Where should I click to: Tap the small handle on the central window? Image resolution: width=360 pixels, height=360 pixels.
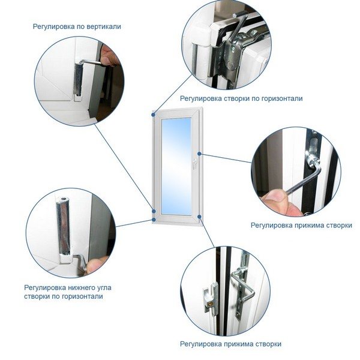tap(196, 161)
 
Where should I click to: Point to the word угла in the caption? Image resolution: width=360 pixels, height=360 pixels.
tap(112, 287)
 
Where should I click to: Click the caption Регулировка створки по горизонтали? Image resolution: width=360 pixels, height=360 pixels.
tap(241, 98)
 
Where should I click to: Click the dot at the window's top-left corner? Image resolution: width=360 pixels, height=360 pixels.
tap(154, 112)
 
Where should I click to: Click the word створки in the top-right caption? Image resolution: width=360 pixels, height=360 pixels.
tap(241, 98)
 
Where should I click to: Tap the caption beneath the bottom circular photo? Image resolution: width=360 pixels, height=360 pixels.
tap(230, 344)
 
